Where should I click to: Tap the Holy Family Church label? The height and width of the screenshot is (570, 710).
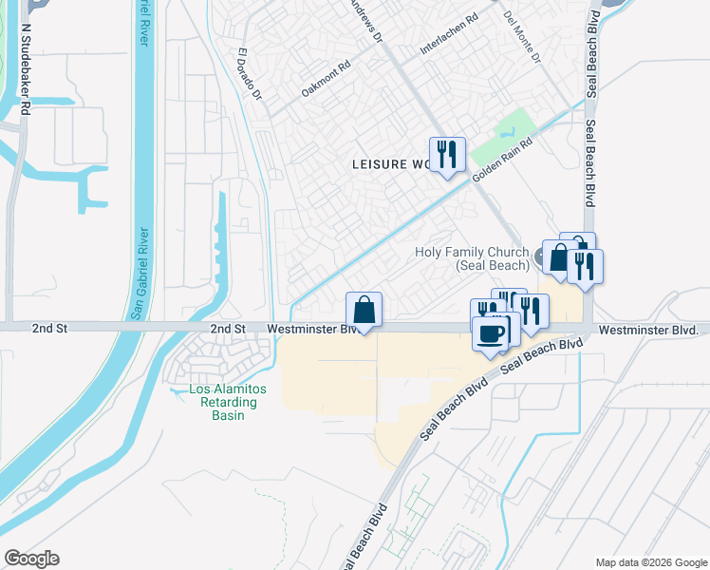coord(472,258)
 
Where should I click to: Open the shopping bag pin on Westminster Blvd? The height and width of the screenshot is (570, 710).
coord(364,310)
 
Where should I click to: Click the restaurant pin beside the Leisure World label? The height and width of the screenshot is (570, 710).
coord(446,154)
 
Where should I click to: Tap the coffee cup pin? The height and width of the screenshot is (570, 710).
coord(491,333)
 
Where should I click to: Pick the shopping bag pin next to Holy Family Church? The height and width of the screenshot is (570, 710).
coord(559,256)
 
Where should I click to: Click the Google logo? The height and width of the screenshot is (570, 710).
coord(31,559)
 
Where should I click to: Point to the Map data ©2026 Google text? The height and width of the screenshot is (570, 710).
coord(650,562)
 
